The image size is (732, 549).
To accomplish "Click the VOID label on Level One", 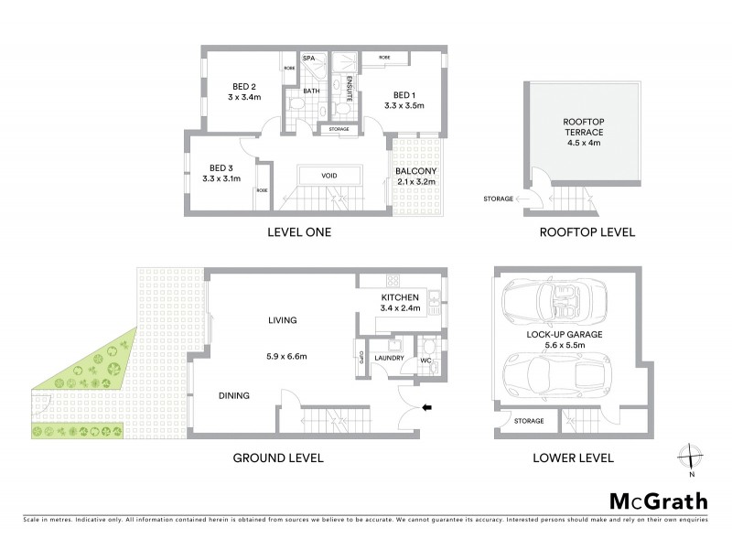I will tap(330, 176).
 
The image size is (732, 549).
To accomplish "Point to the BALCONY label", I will tap(415, 171).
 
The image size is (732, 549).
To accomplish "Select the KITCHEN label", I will tap(400, 297).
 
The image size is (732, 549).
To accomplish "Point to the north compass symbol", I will tap(693, 458).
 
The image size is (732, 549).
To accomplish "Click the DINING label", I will tap(235, 395).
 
